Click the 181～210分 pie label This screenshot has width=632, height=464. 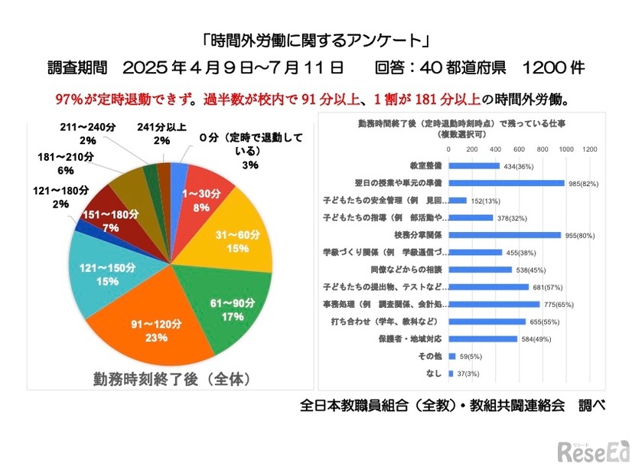pyautogui.click(x=66, y=163)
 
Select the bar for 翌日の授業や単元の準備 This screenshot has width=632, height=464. pyautogui.click(x=506, y=183)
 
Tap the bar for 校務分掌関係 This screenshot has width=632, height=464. pyautogui.click(x=504, y=235)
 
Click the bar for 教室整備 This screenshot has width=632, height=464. pyautogui.click(x=474, y=166)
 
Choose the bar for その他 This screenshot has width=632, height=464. pyautogui.click(x=451, y=355)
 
